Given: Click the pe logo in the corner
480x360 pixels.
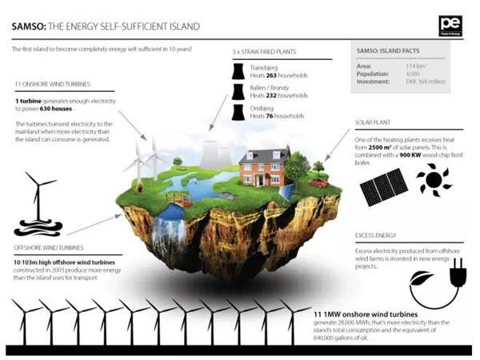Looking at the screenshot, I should click(x=450, y=26).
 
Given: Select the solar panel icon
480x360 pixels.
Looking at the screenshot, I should click(x=383, y=186).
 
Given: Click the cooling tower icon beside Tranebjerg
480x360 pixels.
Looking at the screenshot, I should click(x=238, y=71).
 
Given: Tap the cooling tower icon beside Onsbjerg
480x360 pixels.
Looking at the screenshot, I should click(x=238, y=110).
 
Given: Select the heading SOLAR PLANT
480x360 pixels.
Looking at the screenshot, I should click(x=373, y=124).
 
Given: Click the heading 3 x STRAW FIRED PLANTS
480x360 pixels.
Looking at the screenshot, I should click(x=265, y=52).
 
